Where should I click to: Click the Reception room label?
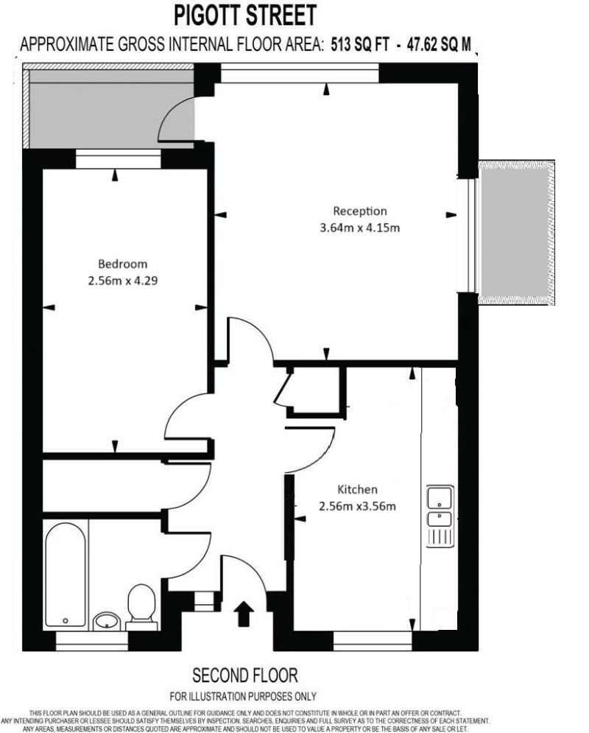pos(359,211)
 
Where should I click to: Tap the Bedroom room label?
pos(123,264)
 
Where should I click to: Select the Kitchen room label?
pos(357,489)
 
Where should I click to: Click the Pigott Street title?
pos(245,15)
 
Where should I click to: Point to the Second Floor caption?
pos(245,675)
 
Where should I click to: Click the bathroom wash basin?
pos(107,620)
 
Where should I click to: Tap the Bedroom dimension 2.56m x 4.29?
pos(123,280)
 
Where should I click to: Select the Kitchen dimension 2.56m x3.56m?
pos(357,506)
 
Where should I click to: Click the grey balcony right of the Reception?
pos(516,231)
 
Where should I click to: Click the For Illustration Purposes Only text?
pos(243,696)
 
